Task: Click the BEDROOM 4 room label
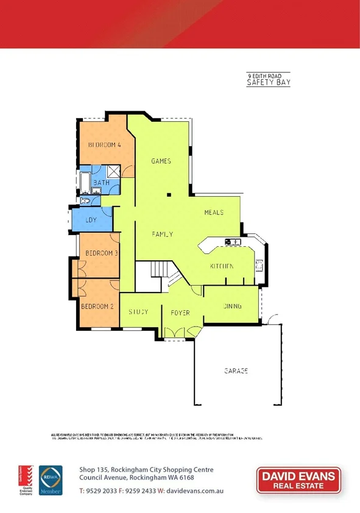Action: [x=104, y=145]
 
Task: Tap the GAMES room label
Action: [x=161, y=161]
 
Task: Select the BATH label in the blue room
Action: [x=101, y=182]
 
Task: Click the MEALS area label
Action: [x=214, y=213]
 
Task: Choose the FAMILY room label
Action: [x=163, y=234]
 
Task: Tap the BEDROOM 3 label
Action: [x=101, y=253]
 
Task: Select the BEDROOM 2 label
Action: [x=97, y=306]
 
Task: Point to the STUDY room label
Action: [x=138, y=312]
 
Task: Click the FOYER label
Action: [x=180, y=313]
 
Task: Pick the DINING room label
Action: [x=232, y=306]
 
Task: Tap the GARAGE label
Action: [x=236, y=370]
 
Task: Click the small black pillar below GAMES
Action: [x=169, y=195]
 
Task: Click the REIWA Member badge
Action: [x=51, y=481]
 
